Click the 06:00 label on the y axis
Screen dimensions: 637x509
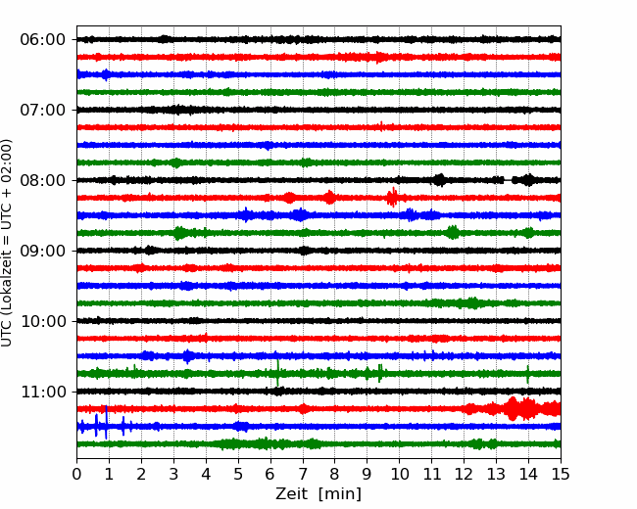[43, 40]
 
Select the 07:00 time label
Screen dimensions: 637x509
[43, 110]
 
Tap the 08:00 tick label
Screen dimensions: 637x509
[43, 180]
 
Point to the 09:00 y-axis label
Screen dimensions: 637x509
[43, 251]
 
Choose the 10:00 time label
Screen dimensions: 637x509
[43, 321]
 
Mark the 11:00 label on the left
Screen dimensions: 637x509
[43, 392]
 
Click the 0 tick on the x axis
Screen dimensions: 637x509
[76, 474]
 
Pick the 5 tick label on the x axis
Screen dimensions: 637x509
[238, 474]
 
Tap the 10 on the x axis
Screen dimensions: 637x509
[399, 474]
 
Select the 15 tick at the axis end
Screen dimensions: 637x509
[561, 474]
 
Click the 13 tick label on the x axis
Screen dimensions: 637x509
[496, 474]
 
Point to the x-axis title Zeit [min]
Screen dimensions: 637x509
[318, 494]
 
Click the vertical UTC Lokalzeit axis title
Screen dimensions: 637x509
[6, 243]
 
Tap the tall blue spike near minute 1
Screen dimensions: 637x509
[106, 422]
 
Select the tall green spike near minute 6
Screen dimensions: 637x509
[278, 373]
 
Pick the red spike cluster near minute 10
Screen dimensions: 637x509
[392, 198]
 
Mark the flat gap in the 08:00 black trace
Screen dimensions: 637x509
[509, 180]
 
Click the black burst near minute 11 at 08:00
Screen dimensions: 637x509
[440, 180]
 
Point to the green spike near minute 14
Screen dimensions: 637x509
[527, 374]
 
